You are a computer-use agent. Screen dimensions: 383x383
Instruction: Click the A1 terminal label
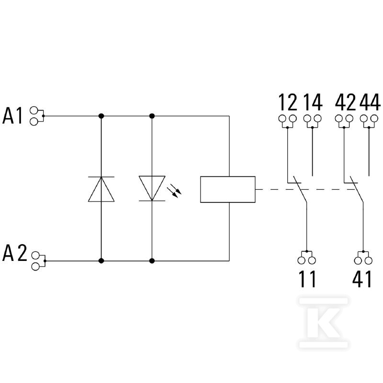pyautogui.click(x=12, y=115)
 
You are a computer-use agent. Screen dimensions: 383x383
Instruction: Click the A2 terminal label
pyautogui.click(x=14, y=253)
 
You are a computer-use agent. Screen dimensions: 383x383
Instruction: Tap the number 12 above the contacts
pyautogui.click(x=288, y=102)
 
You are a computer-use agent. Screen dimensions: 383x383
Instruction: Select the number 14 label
pyautogui.click(x=313, y=102)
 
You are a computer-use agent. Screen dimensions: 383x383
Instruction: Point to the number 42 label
pyautogui.click(x=345, y=102)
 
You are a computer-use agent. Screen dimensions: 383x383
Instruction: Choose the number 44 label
pyautogui.click(x=370, y=102)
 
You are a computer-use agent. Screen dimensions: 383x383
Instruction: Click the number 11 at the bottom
pyautogui.click(x=307, y=279)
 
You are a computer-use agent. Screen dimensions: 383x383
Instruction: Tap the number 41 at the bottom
pyautogui.click(x=362, y=279)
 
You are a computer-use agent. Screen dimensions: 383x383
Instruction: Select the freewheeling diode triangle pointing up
pyautogui.click(x=101, y=189)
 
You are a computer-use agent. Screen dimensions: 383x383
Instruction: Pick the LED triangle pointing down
pyautogui.click(x=152, y=188)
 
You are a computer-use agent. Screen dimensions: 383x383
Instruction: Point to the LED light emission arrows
pyautogui.click(x=174, y=190)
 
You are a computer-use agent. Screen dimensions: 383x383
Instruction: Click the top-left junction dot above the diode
pyautogui.click(x=101, y=116)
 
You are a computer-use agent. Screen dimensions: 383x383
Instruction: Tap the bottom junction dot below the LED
pyautogui.click(x=152, y=261)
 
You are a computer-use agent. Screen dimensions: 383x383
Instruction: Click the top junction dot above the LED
pyautogui.click(x=152, y=116)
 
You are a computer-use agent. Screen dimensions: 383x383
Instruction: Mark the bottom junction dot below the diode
pyautogui.click(x=101, y=261)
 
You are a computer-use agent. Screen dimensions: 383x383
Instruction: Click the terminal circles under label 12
pyautogui.click(x=288, y=119)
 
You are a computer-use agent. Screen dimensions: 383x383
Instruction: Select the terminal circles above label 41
pyautogui.click(x=363, y=260)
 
